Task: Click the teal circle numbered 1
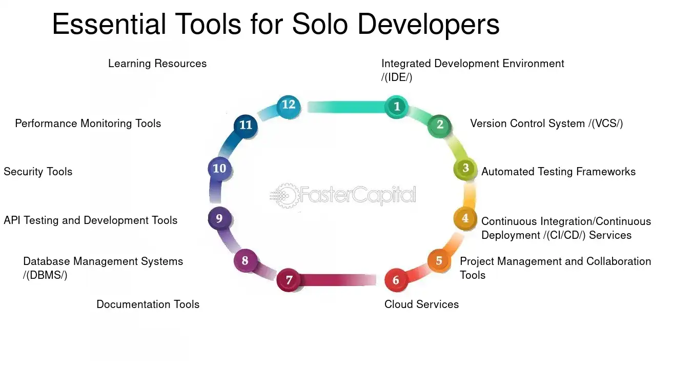396,107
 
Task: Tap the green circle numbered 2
439,125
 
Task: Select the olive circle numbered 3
465,168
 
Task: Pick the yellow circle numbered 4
465,218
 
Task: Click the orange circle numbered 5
439,261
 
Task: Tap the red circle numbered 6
396,280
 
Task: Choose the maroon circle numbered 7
289,280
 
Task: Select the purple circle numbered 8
245,261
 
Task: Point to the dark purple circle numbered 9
219,219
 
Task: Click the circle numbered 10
219,169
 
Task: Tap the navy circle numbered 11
246,125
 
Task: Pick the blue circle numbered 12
289,105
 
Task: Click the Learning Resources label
157,64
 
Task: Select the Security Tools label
38,172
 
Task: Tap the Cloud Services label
421,304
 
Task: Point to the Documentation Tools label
148,304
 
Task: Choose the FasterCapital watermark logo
343,195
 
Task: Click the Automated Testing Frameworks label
558,172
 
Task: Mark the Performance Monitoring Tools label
88,124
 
